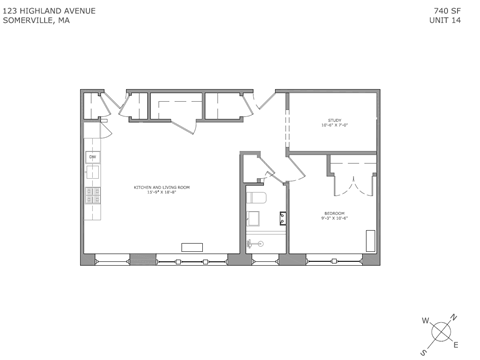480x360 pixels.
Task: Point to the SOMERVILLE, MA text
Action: click(x=36, y=19)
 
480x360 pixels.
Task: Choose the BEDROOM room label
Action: click(x=334, y=215)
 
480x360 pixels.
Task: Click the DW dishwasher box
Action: click(x=92, y=157)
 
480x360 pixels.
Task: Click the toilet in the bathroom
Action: click(x=254, y=216)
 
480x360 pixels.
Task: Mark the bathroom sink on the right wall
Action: click(x=283, y=217)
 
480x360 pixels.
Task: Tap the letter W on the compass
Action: click(x=425, y=320)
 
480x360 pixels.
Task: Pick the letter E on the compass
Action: click(x=456, y=345)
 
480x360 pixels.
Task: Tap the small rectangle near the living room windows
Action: click(x=191, y=247)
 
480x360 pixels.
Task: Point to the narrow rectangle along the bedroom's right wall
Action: click(x=371, y=240)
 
